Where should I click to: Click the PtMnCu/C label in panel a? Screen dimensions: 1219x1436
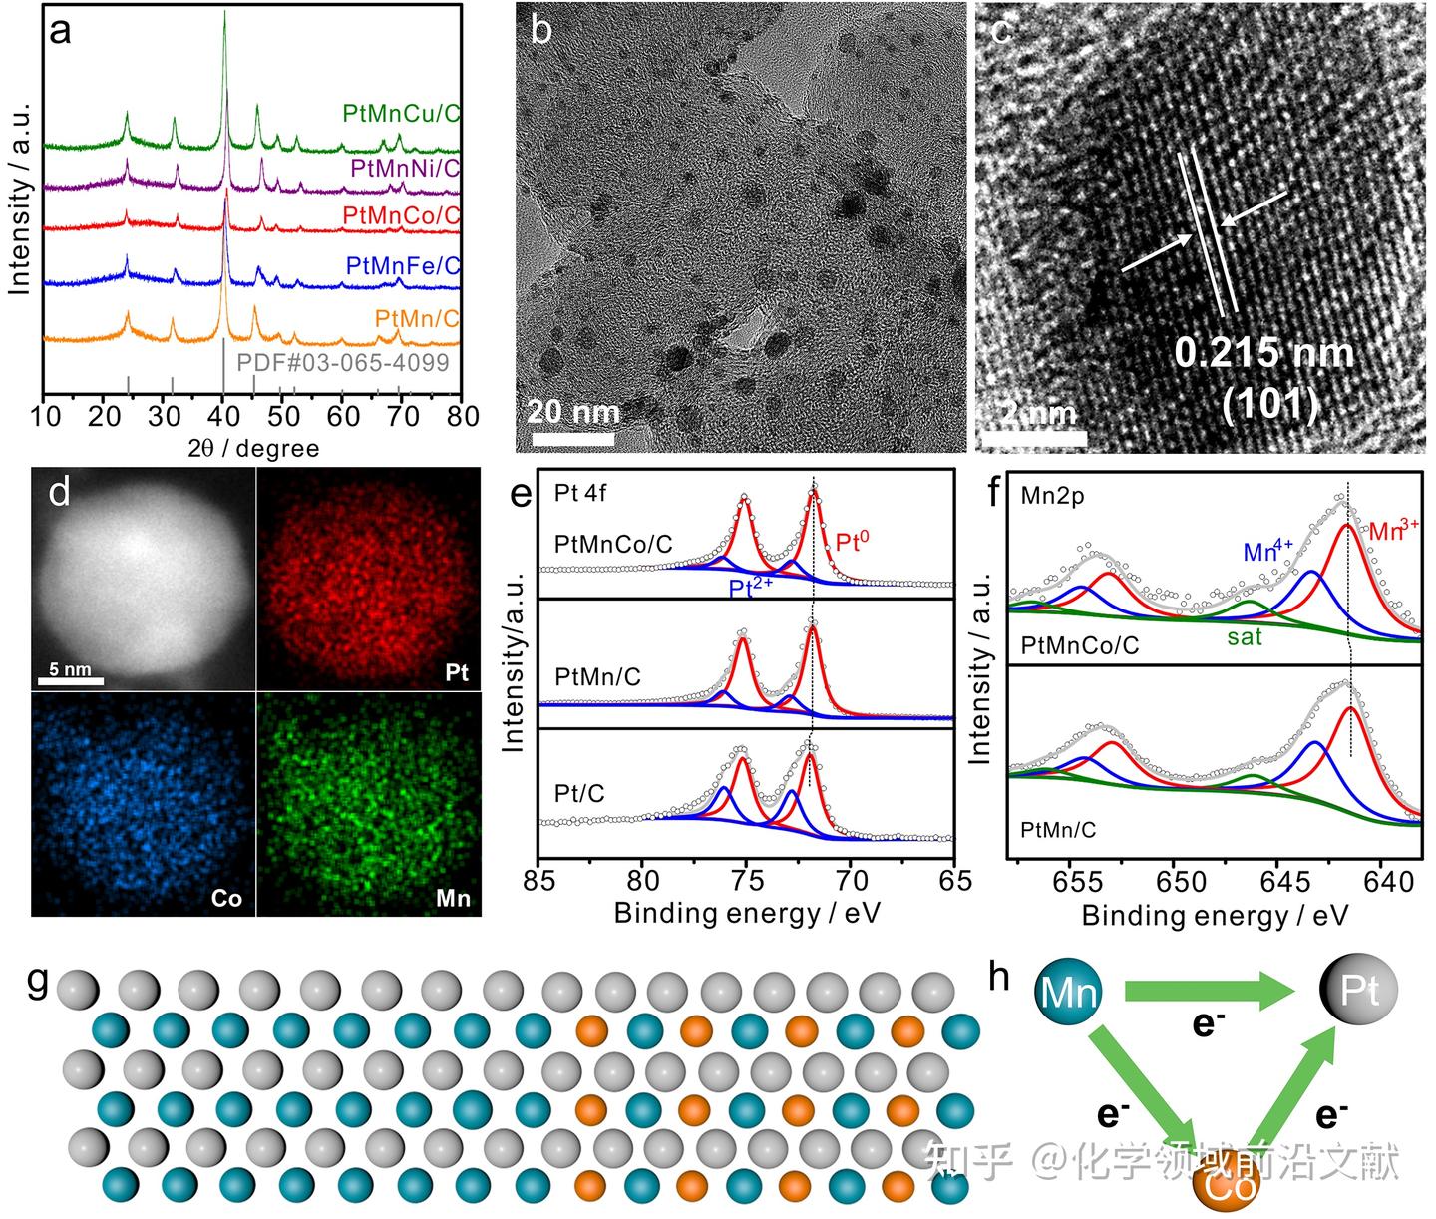pos(401,113)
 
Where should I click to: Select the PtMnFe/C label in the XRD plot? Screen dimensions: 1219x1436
pos(403,266)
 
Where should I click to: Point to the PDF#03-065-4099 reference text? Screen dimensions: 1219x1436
pos(343,362)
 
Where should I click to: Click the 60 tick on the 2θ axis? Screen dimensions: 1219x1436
pos(343,416)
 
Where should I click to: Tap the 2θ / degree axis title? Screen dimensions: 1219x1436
pos(253,448)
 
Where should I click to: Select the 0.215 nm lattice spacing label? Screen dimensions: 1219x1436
pos(1263,353)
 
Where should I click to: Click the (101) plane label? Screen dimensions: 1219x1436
pos(1269,404)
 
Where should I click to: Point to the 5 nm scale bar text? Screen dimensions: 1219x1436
pos(70,669)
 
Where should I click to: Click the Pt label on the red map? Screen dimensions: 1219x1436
pos(456,673)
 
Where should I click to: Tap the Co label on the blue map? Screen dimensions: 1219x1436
pos(226,899)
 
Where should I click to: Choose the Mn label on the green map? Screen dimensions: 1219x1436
pos(453,899)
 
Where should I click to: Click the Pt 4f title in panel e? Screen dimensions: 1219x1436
pos(580,494)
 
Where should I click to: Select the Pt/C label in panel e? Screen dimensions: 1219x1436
pos(579,794)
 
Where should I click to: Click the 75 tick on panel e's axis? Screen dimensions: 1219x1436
pos(747,880)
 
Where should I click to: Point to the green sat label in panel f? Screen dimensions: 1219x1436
pos(1245,636)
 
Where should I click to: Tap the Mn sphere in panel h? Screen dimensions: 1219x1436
pos(1068,992)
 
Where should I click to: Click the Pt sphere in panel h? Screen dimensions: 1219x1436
pos(1359,991)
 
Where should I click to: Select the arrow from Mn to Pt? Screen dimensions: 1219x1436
pos(1210,991)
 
